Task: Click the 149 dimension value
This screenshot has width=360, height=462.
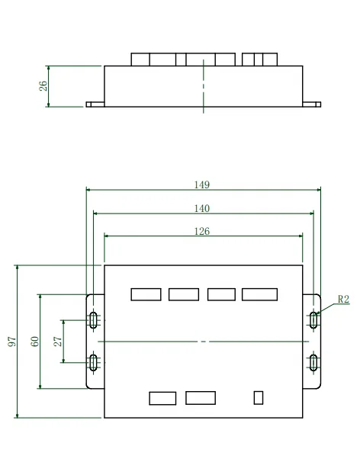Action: (202, 184)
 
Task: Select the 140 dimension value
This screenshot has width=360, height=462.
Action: (202, 208)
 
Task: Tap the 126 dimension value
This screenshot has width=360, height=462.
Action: (202, 231)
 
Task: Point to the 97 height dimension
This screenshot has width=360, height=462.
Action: (12, 342)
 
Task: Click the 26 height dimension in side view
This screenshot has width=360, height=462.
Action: (43, 86)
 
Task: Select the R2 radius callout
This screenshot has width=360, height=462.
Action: (342, 300)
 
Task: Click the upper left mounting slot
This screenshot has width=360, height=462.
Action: (93, 320)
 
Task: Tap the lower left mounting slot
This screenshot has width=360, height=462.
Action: (93, 362)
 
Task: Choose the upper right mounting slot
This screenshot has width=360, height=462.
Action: (313, 320)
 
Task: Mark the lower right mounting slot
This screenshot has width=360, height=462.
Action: (313, 362)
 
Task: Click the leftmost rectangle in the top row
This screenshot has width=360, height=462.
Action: (146, 294)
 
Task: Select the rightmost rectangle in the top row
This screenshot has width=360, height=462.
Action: (259, 294)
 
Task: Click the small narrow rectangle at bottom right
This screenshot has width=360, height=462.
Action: (259, 397)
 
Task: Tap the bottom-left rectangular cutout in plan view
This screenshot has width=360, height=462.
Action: (162, 397)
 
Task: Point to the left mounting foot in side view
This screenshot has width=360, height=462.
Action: (95, 105)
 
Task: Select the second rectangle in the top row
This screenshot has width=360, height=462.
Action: (184, 294)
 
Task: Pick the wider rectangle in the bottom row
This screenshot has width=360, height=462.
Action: (201, 397)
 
